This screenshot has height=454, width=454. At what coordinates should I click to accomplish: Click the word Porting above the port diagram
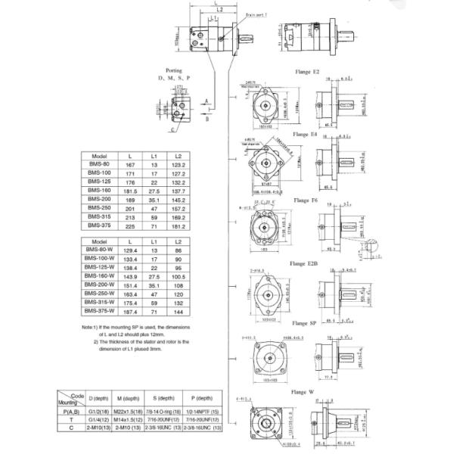coord(174,70)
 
